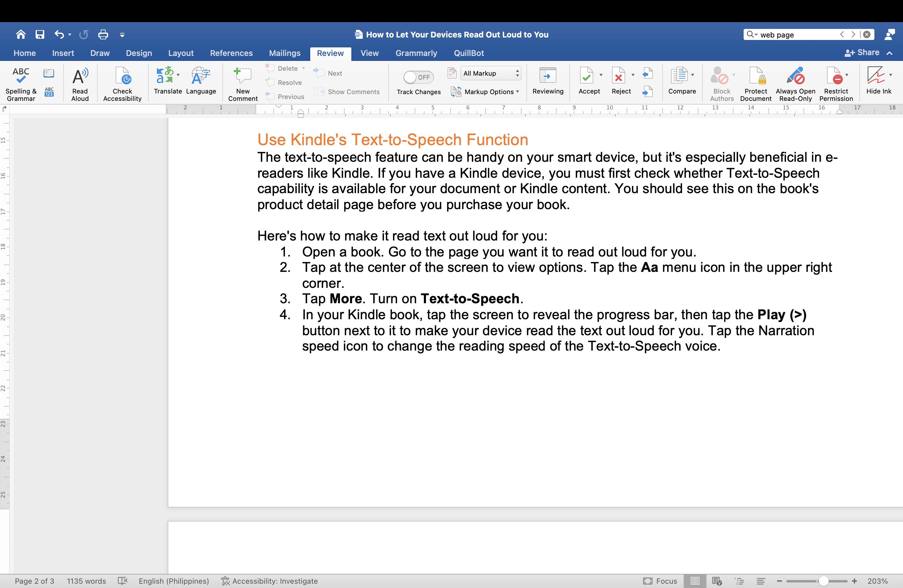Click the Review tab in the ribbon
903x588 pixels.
coord(330,53)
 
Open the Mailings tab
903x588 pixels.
coord(284,53)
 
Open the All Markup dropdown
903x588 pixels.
coord(491,73)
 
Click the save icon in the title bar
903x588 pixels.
coord(40,34)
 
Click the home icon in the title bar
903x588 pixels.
coord(21,34)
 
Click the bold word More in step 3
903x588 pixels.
coord(345,299)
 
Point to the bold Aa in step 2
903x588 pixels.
coord(649,268)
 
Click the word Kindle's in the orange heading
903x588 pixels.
coord(318,140)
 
